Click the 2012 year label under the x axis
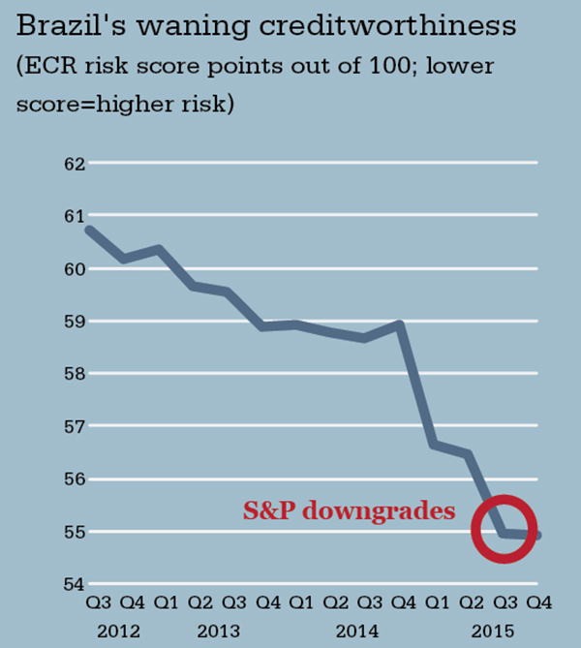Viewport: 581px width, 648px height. tap(117, 632)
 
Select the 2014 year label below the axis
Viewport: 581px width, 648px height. tap(356, 632)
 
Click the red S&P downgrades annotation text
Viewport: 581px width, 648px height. tap(349, 510)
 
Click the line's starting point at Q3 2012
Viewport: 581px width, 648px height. tap(89, 230)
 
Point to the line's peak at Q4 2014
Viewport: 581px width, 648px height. tap(399, 324)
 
